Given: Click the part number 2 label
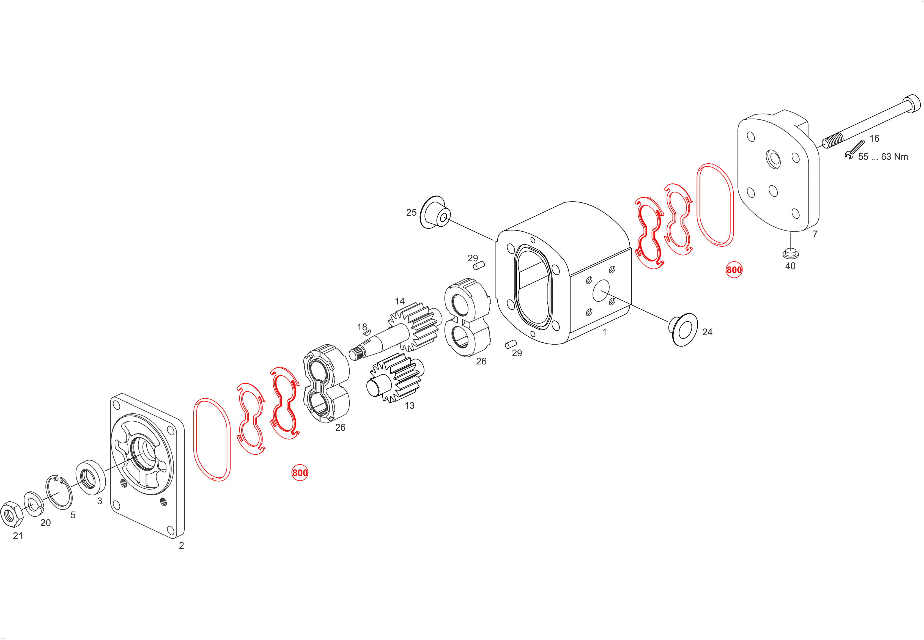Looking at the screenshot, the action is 182,545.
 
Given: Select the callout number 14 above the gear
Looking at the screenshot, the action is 400,301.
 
